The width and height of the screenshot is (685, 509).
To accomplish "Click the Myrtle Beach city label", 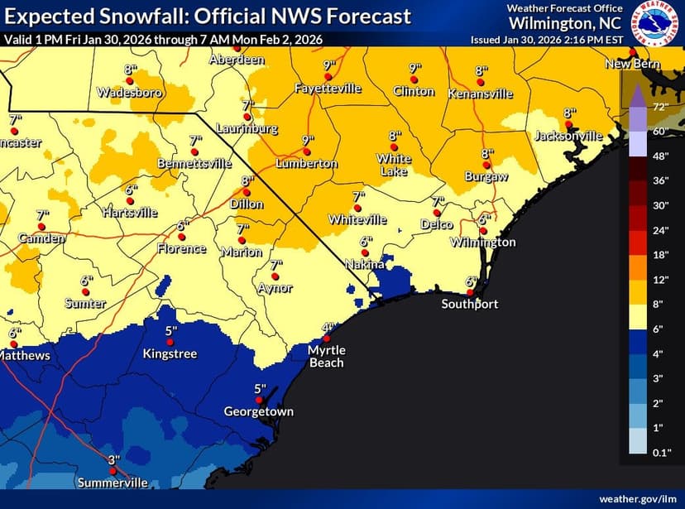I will point(326,357).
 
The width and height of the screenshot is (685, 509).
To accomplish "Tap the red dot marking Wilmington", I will point(484,232).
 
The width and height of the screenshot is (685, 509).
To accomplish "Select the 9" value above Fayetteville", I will point(328,65).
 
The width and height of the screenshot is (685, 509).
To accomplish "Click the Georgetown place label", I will point(258,411).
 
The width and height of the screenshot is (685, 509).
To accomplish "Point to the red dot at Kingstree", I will point(170,343).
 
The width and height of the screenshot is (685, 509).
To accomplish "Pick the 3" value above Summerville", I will point(114,459).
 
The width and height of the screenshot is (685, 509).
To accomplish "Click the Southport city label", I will point(469,304).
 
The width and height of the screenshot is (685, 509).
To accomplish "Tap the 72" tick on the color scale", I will point(660,108).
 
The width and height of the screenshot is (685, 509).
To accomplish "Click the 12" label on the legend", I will point(660,280).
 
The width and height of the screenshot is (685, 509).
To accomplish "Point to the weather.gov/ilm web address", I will point(638,498).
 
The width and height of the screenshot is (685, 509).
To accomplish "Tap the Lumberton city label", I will point(307,164).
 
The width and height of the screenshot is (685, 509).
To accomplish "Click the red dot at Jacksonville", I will point(568,125).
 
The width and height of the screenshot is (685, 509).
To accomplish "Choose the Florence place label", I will point(180,248).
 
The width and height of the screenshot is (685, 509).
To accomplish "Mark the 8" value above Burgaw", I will point(487,153).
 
